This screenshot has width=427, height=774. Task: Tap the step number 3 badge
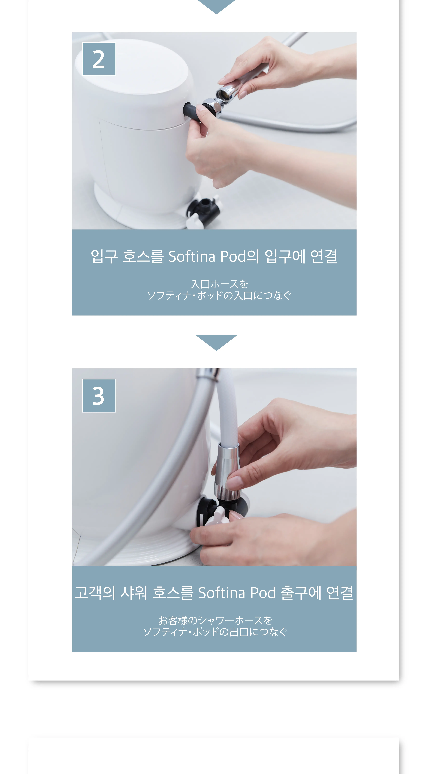coord(99,395)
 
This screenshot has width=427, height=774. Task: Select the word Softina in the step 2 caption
coord(192,257)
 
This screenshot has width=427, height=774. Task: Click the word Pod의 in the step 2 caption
coord(239,257)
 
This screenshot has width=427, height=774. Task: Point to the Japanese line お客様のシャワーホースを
coord(215,620)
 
